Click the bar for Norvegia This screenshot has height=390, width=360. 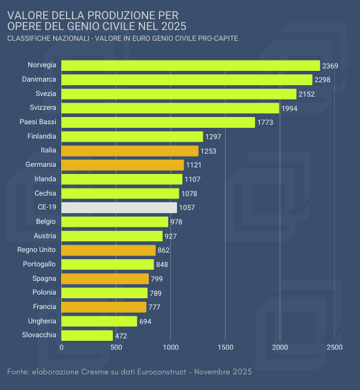(191, 65)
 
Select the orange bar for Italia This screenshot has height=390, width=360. (130, 151)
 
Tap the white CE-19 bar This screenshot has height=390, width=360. (119, 208)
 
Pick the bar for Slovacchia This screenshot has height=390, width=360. (87, 335)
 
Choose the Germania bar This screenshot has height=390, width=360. (122, 165)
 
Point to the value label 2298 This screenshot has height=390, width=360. (323, 80)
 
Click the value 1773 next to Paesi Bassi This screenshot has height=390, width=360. (265, 122)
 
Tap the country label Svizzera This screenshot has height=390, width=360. (43, 107)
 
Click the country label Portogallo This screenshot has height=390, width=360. (40, 264)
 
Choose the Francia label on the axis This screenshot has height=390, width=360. (44, 307)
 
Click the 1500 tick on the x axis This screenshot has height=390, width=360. (226, 347)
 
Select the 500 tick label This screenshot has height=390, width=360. (116, 347)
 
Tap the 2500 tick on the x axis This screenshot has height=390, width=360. (335, 347)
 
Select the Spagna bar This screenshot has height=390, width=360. (105, 278)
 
